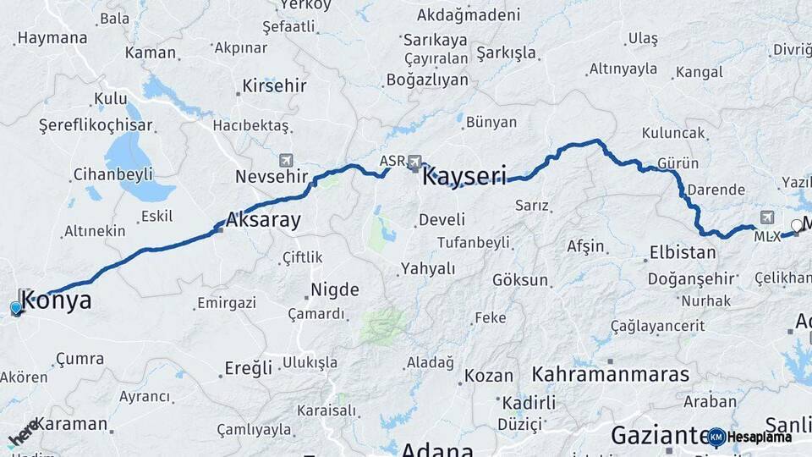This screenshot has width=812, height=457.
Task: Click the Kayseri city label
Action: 464,177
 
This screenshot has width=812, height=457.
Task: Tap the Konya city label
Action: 56,300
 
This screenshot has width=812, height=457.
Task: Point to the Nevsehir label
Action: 267,176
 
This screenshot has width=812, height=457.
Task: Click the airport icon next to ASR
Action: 414,161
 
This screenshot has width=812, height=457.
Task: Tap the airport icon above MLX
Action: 767,217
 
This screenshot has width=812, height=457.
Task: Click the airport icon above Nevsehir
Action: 286,159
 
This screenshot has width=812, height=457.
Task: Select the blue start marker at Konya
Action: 16,308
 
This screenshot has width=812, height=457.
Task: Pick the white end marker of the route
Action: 797,225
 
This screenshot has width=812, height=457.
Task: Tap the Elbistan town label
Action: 683,251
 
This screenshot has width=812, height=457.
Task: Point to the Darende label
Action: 716,190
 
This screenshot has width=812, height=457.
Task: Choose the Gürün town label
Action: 678,163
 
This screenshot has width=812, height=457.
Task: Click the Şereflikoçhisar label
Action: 96,125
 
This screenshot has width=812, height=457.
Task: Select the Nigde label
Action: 335,290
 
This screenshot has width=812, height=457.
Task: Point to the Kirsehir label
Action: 274,86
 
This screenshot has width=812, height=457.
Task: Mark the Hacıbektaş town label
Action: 250,125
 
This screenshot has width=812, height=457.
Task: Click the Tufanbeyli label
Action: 473,243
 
